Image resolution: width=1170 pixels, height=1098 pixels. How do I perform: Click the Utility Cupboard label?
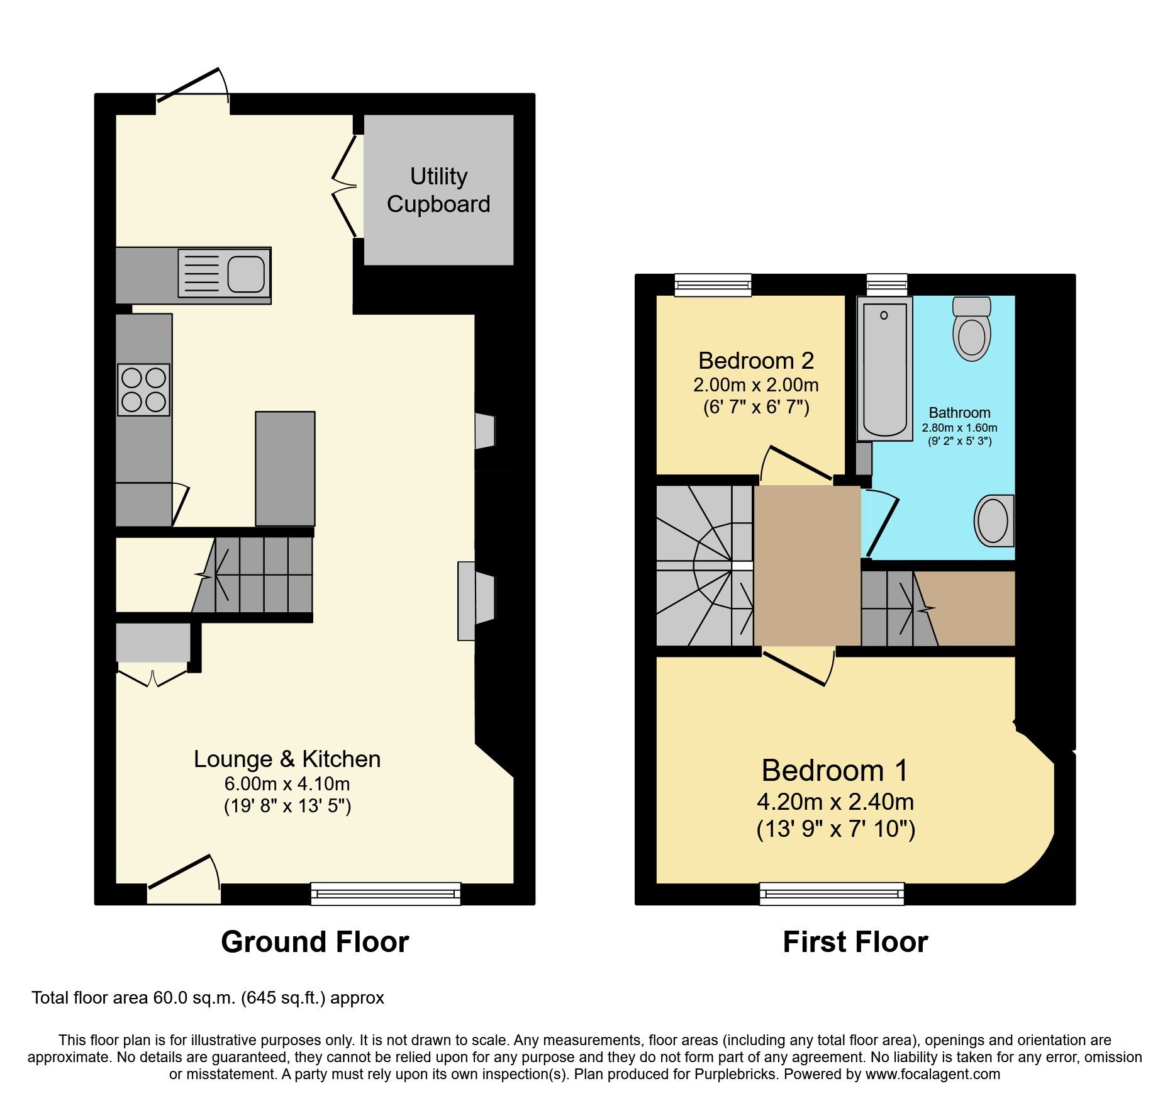tap(438, 190)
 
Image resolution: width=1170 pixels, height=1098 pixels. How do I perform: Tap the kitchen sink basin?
tap(245, 274)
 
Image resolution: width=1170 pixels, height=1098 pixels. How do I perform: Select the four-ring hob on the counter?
tap(143, 389)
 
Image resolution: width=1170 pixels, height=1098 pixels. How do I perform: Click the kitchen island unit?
tap(285, 468)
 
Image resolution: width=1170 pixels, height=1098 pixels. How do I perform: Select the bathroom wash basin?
tap(994, 520)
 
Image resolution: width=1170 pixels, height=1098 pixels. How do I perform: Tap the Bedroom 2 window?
tap(713, 285)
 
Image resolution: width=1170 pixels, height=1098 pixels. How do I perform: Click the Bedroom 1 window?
tap(832, 894)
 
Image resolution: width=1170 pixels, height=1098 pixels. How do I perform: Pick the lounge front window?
tap(386, 894)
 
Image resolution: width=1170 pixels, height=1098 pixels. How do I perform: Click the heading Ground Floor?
tap(315, 942)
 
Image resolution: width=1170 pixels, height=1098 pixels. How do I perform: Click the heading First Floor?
tap(855, 942)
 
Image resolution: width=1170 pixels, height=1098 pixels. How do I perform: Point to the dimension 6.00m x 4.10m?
tap(287, 784)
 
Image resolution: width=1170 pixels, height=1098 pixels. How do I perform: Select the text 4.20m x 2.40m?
tap(835, 802)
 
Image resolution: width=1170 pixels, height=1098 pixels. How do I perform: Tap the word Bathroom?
tap(959, 413)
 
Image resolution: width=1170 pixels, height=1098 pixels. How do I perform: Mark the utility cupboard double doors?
tap(344, 186)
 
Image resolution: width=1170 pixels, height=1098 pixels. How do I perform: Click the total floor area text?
tap(208, 998)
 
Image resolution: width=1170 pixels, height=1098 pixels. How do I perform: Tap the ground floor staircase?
tap(258, 574)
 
